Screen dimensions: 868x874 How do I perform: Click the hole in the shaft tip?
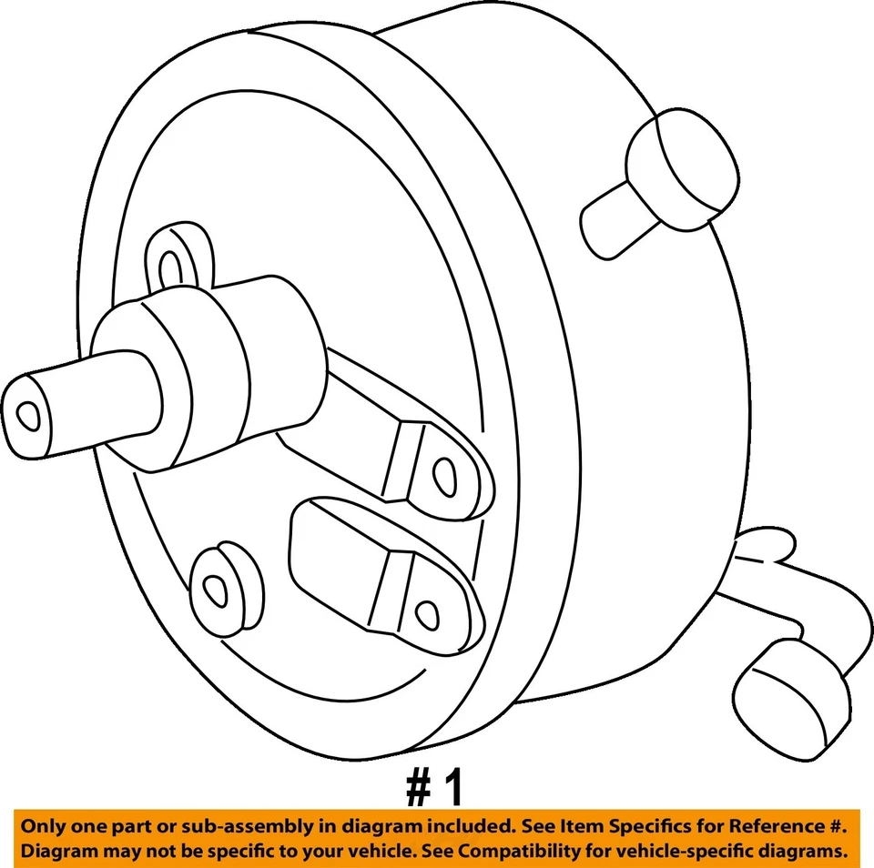(x=29, y=415)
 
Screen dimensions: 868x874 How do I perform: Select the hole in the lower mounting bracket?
(x=425, y=612)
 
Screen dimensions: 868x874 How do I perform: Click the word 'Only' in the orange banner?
(x=46, y=827)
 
